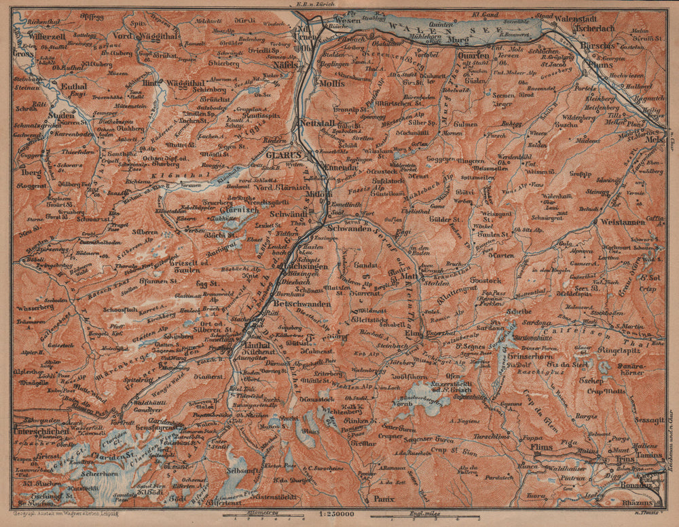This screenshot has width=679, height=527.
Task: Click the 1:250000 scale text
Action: (338, 515)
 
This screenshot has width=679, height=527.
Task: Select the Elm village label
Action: (412, 333)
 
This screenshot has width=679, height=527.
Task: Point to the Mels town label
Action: (655, 140)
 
